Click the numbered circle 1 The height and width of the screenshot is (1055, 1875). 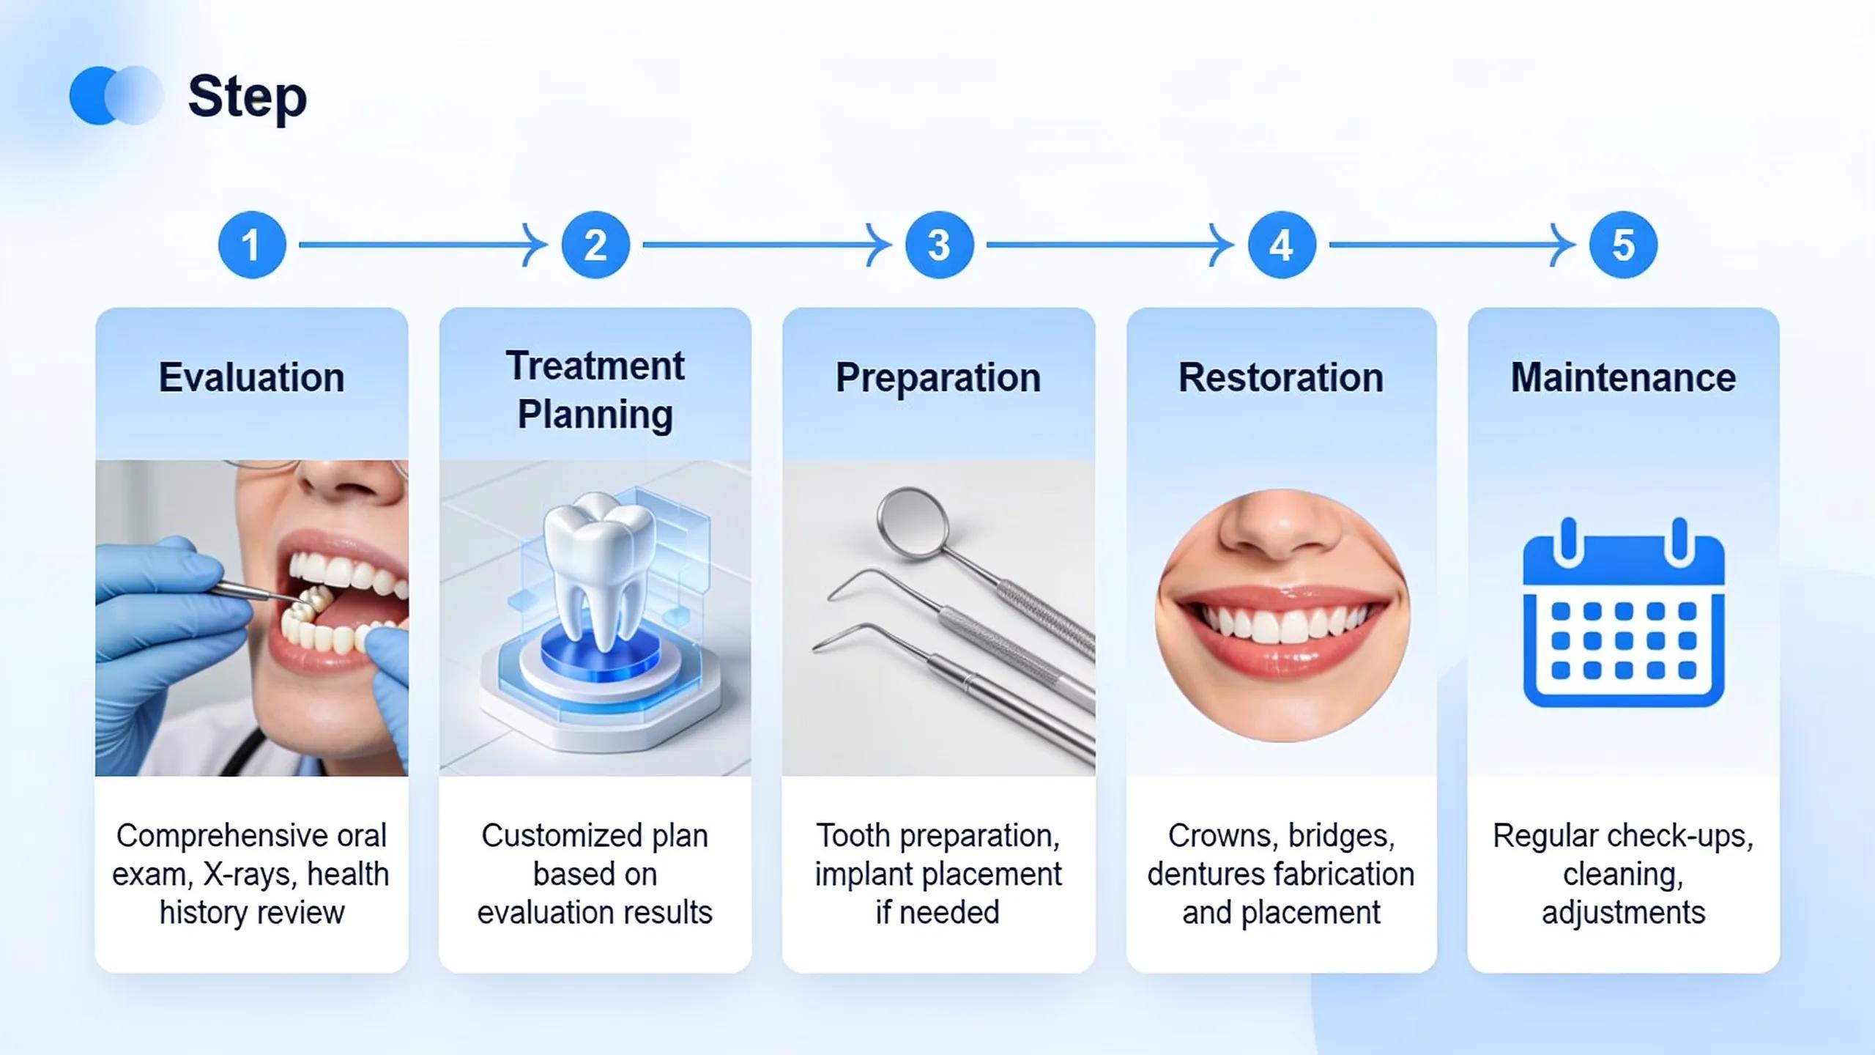click(252, 245)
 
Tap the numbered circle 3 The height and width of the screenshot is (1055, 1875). click(939, 245)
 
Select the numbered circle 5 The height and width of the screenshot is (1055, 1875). click(1623, 245)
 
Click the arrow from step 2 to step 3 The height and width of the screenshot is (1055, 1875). click(767, 245)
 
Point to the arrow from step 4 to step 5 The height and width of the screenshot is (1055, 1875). click(1452, 245)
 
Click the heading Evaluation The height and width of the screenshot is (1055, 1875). click(251, 378)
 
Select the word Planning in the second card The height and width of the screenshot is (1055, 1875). click(595, 415)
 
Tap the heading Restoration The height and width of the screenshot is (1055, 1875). click(1281, 378)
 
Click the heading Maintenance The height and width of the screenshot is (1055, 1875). click(1623, 378)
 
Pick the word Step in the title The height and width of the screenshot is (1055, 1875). click(248, 97)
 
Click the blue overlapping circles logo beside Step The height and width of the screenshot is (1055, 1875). click(116, 95)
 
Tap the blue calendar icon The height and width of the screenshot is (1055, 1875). click(1623, 612)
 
